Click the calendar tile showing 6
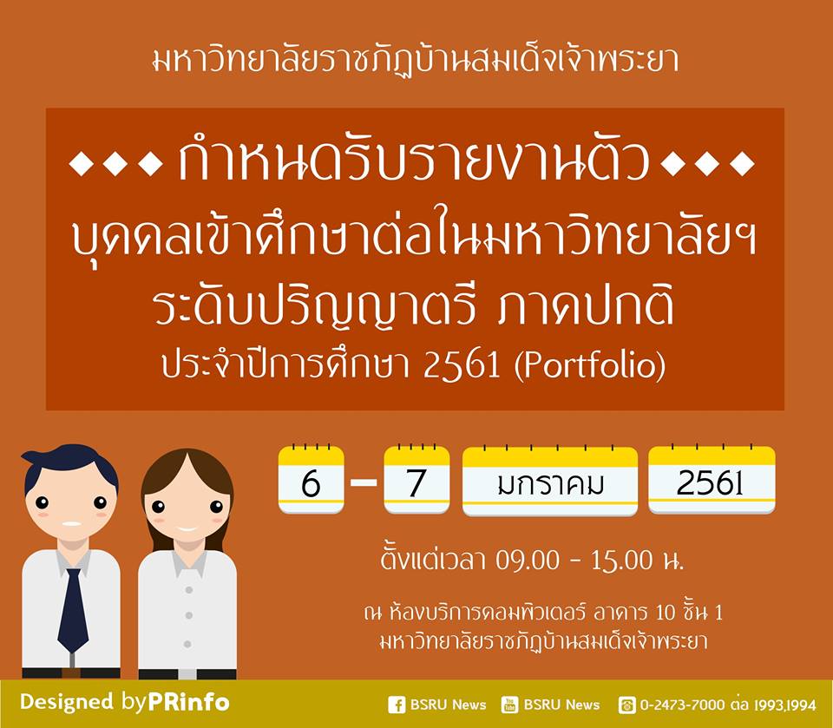(x=311, y=480)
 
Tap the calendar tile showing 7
(x=416, y=480)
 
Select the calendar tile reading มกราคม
(x=550, y=481)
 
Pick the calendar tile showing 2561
(x=712, y=480)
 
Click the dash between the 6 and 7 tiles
(x=364, y=482)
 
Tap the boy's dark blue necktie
(x=73, y=610)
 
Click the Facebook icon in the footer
(x=397, y=705)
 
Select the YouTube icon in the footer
(x=509, y=705)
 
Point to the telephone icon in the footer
(x=626, y=705)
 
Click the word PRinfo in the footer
(x=188, y=702)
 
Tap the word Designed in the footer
(x=67, y=702)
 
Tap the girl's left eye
(x=158, y=507)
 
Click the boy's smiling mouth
(x=72, y=524)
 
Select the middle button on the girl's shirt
(x=188, y=615)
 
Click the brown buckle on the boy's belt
(x=71, y=673)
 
